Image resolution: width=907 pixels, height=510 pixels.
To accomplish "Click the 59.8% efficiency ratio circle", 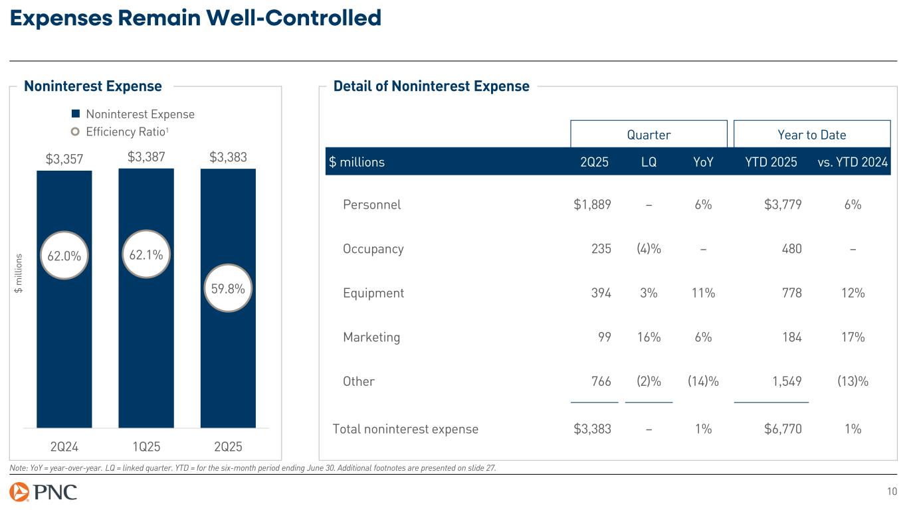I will [227, 289].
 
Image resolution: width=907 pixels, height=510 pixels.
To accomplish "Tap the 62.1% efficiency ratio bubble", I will [145, 254].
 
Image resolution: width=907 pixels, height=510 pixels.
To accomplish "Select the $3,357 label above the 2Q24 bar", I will [64, 159].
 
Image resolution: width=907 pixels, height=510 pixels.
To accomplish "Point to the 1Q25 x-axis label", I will [146, 444].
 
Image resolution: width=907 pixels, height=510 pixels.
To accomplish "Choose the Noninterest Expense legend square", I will [76, 114].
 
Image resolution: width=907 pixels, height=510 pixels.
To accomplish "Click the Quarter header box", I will [649, 135].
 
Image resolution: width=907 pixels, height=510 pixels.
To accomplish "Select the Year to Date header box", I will [812, 135].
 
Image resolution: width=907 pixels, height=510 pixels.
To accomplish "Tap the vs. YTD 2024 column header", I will [853, 162].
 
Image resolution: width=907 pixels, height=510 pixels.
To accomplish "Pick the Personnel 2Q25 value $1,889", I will [592, 205].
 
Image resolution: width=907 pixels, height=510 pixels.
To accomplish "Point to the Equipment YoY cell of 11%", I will [703, 293].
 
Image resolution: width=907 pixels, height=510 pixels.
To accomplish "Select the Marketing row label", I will [371, 337].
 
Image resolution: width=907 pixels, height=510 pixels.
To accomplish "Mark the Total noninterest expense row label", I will [405, 429].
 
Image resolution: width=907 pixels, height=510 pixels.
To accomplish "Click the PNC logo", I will [44, 492].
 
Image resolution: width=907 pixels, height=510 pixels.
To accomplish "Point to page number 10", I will [892, 491].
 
